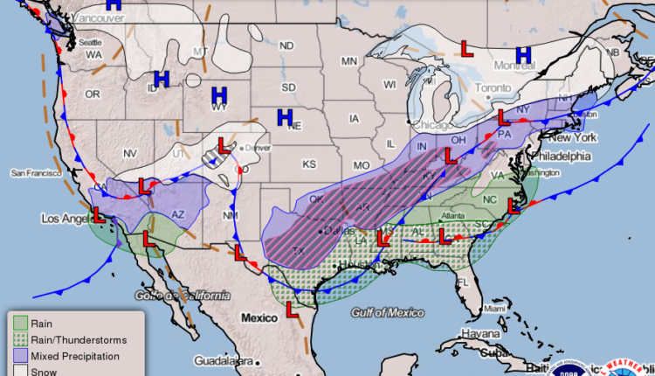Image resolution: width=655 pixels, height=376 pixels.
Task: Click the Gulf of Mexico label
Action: point(388,312)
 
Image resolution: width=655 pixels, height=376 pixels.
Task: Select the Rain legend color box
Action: point(18,324)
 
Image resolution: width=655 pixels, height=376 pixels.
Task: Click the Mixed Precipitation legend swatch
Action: point(18,355)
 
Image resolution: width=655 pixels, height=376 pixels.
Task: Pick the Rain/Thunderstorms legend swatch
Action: point(18,339)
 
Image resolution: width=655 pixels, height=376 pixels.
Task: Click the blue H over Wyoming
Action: point(219,94)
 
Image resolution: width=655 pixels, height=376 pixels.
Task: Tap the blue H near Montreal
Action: point(523,55)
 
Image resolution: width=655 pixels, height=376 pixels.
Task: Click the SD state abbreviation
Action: point(288,87)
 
